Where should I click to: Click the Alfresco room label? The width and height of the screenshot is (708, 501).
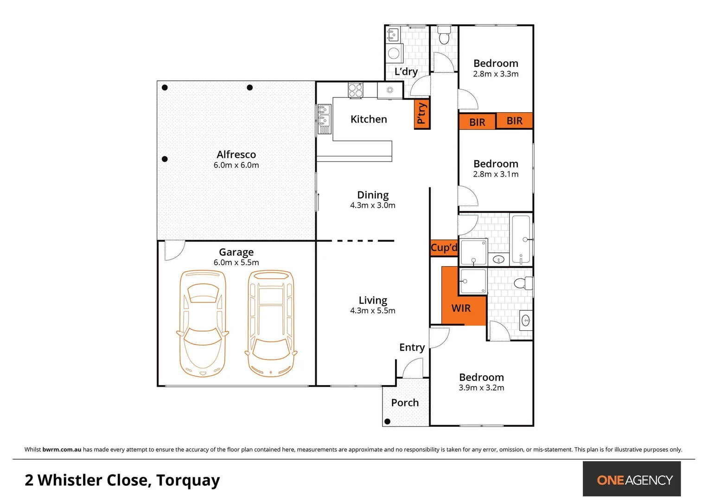click(236, 154)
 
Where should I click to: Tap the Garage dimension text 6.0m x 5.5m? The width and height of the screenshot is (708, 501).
click(236, 263)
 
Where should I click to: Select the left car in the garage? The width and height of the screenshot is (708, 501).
click(203, 323)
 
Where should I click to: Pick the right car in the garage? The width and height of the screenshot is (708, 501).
click(271, 323)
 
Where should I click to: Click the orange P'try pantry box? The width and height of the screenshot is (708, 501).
click(421, 114)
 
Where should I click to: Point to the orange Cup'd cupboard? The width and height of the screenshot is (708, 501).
click(444, 248)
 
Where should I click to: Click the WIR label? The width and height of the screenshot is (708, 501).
click(461, 308)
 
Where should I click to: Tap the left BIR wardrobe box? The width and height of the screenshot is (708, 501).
click(477, 122)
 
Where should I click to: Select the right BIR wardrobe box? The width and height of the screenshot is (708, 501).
click(515, 121)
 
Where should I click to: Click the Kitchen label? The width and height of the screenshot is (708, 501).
click(369, 119)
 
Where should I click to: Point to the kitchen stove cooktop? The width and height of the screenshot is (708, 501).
click(356, 90)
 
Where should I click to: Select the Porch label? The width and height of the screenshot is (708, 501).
click(405, 403)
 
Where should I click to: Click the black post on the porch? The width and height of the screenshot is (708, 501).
click(388, 422)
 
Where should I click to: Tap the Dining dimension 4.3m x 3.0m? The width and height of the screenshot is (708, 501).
click(373, 206)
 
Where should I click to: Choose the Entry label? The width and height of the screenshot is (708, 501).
click(412, 347)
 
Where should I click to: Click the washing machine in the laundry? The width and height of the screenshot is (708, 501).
click(394, 53)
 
